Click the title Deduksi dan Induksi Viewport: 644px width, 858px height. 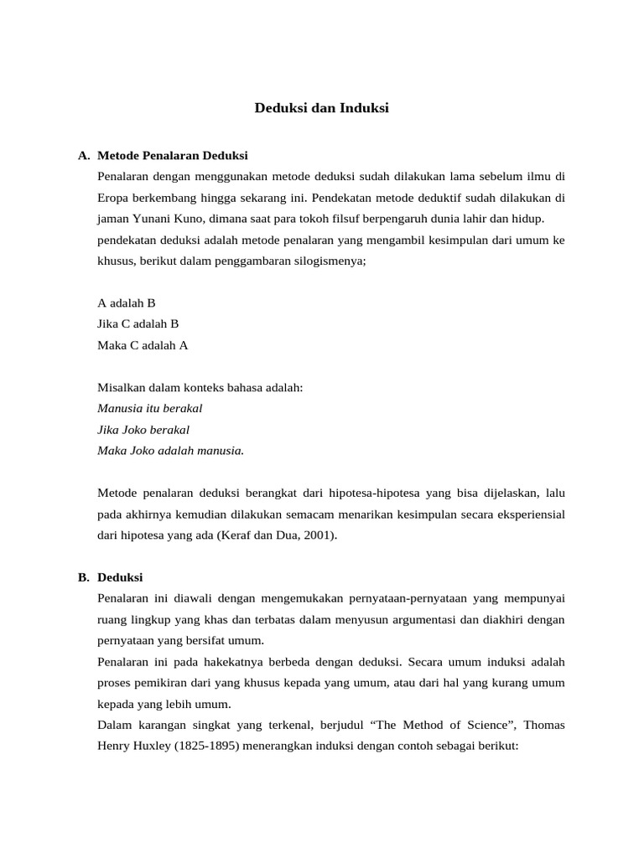click(322, 108)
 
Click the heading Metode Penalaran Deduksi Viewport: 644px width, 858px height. click(173, 156)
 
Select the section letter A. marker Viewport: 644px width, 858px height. click(83, 156)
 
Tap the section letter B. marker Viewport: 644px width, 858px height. click(83, 578)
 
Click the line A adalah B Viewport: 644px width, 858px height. click(127, 302)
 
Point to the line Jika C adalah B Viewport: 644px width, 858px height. click(138, 323)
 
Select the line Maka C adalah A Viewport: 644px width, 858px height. click(143, 344)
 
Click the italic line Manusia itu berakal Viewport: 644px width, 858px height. click(150, 408)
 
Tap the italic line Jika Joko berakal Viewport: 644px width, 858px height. click(143, 429)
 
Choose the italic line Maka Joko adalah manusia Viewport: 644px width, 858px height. click(171, 450)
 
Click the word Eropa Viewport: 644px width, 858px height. click(113, 199)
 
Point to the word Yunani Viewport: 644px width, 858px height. click(156, 219)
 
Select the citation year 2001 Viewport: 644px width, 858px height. click(319, 535)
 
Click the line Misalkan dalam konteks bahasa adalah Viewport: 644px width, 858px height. click(200, 387)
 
